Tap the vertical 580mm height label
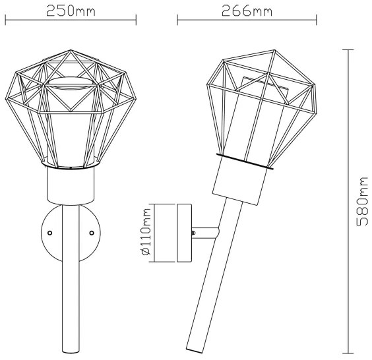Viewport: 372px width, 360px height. pyautogui.click(x=361, y=202)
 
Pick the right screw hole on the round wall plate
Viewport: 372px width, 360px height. pyautogui.click(x=92, y=233)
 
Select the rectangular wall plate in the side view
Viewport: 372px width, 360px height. pyautogui.click(x=183, y=233)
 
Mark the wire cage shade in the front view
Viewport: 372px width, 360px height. pyautogui.click(x=71, y=112)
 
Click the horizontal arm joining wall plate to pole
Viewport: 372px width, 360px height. pyautogui.click(x=206, y=231)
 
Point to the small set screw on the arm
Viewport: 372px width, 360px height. pyautogui.click(x=193, y=231)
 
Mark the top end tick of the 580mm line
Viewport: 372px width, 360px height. pyautogui.click(x=348, y=49)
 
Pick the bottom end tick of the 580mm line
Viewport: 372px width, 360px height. pyautogui.click(x=348, y=351)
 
